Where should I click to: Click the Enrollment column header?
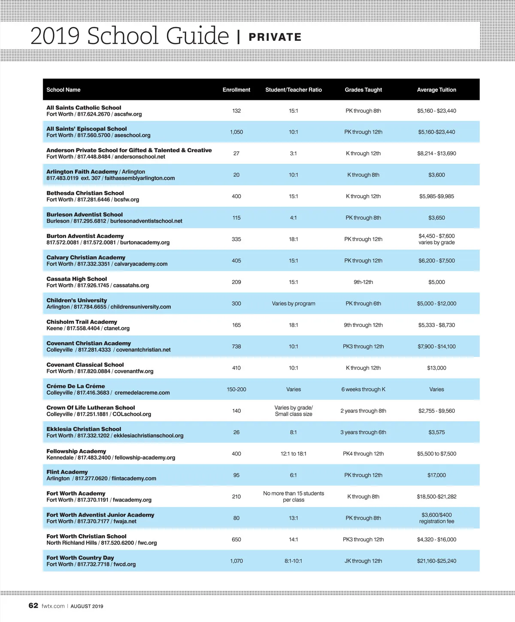[236, 90]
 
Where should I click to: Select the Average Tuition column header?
[436, 90]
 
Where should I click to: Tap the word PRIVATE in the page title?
[275, 37]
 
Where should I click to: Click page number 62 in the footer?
[33, 605]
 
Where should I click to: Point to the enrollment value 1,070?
[236, 561]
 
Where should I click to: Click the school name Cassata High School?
[76, 279]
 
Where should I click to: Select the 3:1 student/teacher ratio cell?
[293, 153]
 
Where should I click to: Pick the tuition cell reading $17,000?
[436, 475]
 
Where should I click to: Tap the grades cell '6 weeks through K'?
[363, 389]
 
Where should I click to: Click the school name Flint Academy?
[67, 472]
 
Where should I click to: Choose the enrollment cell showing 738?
[236, 346]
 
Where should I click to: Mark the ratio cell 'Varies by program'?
[293, 303]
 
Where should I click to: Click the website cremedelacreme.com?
[142, 393]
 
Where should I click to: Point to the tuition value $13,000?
[436, 368]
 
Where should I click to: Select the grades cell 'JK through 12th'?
[363, 561]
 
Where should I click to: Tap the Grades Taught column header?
[363, 90]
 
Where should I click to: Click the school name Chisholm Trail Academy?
[82, 322]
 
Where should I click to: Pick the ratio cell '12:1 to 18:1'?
[293, 453]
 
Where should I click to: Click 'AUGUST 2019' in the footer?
[87, 606]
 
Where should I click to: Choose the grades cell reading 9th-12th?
[363, 282]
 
